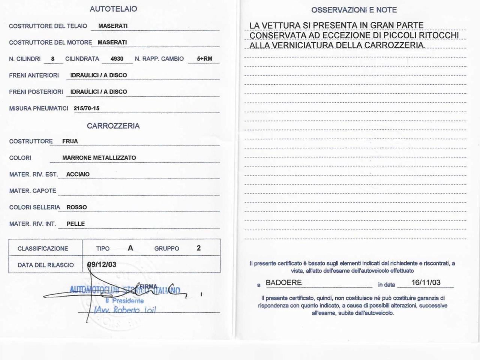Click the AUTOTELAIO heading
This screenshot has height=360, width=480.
coord(113,9)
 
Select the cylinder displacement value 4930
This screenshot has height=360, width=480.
coord(117,59)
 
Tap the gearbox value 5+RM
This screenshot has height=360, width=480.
coord(204,59)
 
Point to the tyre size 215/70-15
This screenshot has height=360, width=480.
coord(87,108)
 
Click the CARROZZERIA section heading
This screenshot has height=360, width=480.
coord(113,126)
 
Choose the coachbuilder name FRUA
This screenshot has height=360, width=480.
coord(70,141)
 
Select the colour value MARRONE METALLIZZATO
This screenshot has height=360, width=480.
coord(99,158)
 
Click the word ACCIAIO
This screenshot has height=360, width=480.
coord(78,174)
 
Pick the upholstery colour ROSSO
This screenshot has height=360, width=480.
coord(76,207)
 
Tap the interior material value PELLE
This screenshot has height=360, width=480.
coord(76,224)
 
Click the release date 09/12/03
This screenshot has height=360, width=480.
coord(102,265)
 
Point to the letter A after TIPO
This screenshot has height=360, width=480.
coord(130,248)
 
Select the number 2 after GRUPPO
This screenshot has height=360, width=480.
coord(199,248)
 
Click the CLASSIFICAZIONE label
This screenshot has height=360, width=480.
coord(43,249)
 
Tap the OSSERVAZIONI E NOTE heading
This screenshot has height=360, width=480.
coord(354,10)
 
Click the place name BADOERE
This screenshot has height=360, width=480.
coord(283,283)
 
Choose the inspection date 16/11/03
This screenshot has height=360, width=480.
coord(426,283)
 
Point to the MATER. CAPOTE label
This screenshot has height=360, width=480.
coord(33,191)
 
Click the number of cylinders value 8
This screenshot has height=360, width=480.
coord(53,59)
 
